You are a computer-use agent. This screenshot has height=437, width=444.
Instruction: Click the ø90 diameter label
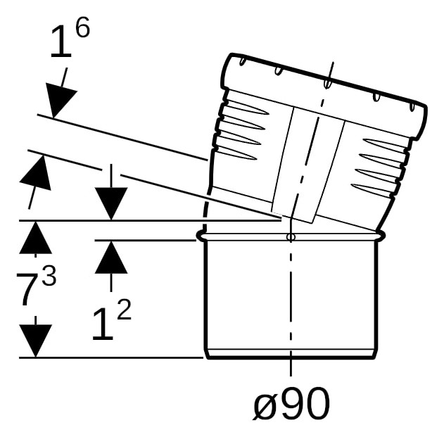pyautogui.click(x=291, y=404)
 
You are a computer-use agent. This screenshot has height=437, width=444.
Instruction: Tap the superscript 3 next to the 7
pyautogui.click(x=49, y=277)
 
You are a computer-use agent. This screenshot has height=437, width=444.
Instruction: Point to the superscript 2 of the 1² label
pyautogui.click(x=124, y=310)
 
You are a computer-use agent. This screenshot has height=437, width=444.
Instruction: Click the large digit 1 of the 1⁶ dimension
pyautogui.click(x=61, y=42)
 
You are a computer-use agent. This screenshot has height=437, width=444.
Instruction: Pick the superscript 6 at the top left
pyautogui.click(x=82, y=27)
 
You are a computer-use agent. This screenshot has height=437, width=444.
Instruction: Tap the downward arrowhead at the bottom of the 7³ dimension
pyautogui.click(x=35, y=341)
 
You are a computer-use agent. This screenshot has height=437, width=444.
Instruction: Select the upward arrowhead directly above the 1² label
pyautogui.click(x=111, y=257)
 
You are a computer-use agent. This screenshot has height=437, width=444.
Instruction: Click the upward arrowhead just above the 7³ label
pyautogui.click(x=35, y=237)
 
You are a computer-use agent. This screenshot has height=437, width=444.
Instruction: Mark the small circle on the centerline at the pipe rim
pyautogui.click(x=291, y=236)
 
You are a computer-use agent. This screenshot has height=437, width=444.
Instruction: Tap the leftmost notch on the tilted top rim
pyautogui.click(x=242, y=62)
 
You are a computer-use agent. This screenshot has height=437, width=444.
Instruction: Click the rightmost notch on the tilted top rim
pyautogui.click(x=412, y=108)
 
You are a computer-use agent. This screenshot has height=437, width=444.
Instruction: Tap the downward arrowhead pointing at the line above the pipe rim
pyautogui.click(x=111, y=203)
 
